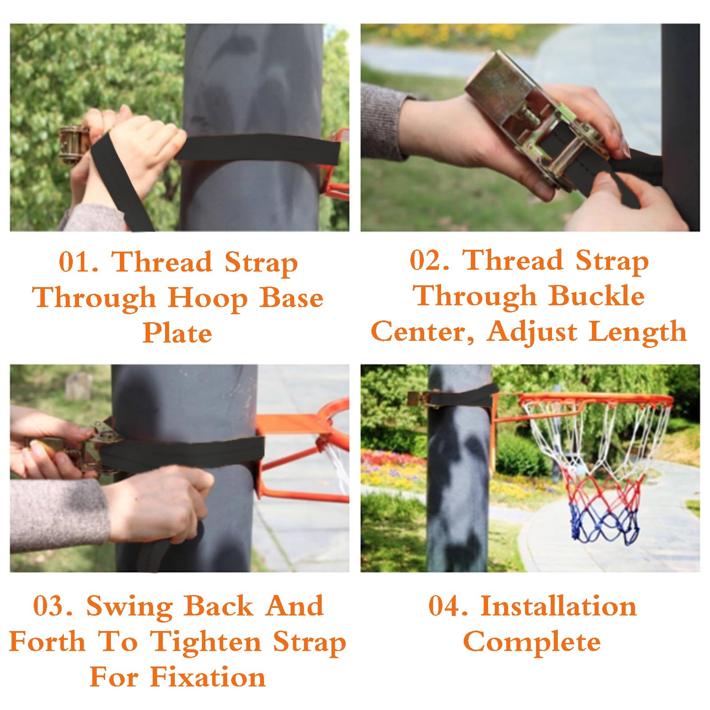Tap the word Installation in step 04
tap(559, 606)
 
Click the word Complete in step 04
tap(532, 642)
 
